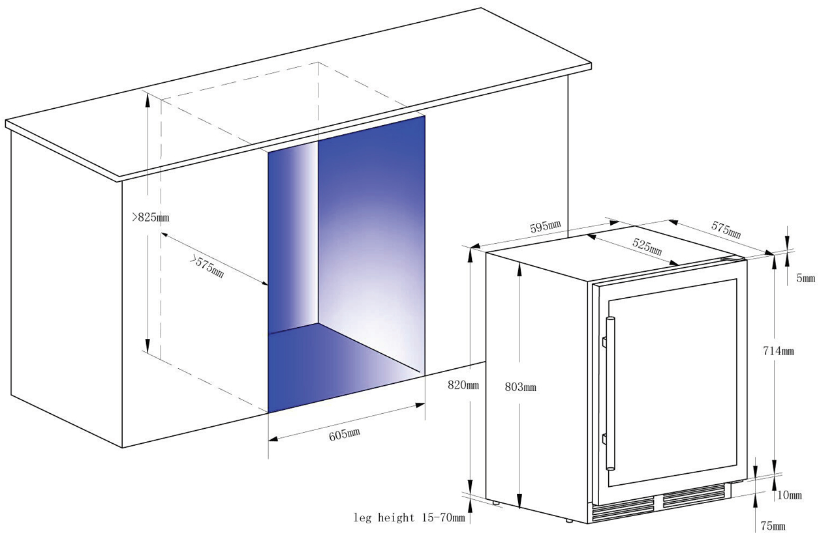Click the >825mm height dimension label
point(151,218)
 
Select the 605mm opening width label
point(344,435)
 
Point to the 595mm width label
point(545,227)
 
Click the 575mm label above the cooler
point(726,230)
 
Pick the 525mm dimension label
point(647,247)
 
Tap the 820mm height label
point(463,385)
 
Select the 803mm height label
point(520,387)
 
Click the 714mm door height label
point(779,351)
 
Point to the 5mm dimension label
point(805,278)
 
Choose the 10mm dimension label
point(790,495)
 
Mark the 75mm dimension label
point(773,526)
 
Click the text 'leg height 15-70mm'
point(409,517)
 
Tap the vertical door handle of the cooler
point(610,394)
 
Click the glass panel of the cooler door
point(672,382)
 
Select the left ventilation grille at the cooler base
point(623,509)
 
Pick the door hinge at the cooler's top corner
point(732,258)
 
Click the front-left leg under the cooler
point(495,502)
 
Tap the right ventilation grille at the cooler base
point(694,496)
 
